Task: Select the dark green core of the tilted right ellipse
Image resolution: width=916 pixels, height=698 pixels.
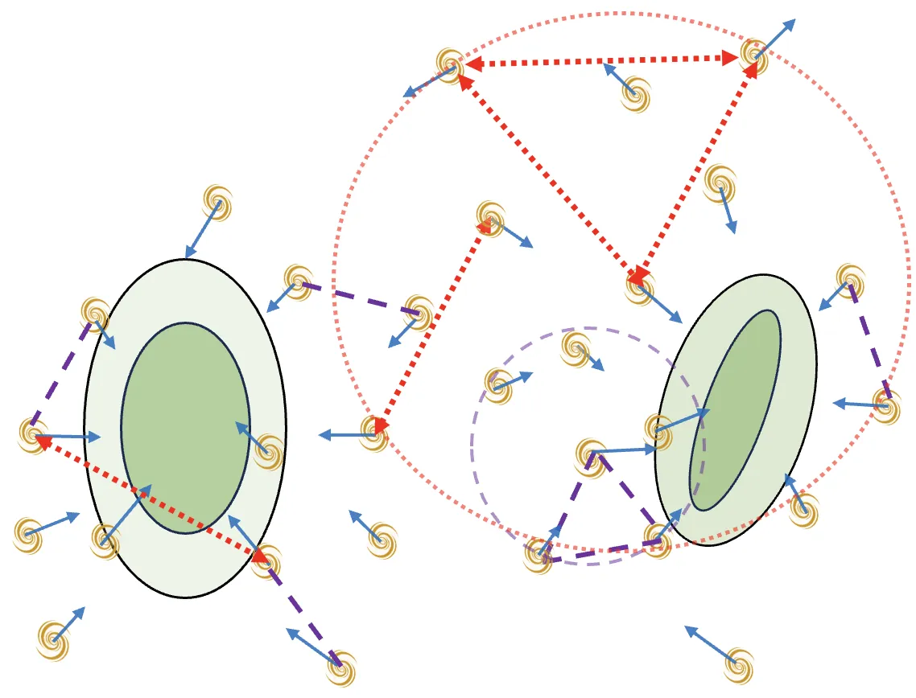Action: (x=735, y=410)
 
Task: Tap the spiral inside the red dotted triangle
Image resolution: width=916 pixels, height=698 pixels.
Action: (x=635, y=93)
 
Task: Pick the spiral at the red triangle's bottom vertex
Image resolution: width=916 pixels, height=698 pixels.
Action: (x=640, y=287)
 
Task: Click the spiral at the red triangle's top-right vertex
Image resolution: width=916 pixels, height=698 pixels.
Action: (x=754, y=54)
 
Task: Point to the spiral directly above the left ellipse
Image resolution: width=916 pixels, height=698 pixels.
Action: (x=217, y=202)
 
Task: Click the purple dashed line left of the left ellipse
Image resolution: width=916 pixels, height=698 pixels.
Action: (x=60, y=374)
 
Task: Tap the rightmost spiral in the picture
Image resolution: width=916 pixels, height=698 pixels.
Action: (x=885, y=406)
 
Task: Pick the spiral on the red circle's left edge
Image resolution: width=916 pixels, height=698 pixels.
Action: (x=374, y=433)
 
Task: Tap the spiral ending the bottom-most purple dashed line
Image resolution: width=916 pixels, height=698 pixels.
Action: (x=340, y=666)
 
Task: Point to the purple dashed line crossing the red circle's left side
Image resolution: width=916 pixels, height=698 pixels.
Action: (x=358, y=298)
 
